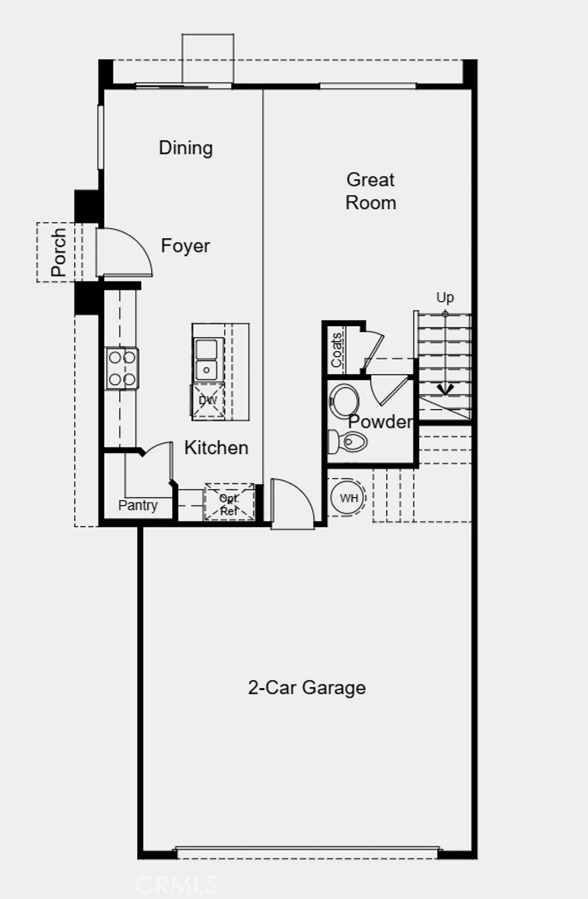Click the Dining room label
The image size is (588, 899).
point(185,148)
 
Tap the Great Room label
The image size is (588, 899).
point(370,191)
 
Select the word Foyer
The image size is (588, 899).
point(185,246)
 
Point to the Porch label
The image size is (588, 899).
point(59,253)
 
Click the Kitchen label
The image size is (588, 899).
point(216,448)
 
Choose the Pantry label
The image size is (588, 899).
point(138,505)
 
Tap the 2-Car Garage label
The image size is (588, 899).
point(307,687)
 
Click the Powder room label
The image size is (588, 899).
point(380,421)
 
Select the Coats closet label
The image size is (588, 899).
point(336,350)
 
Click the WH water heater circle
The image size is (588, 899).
point(349,498)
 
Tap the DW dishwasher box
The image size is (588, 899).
point(207,400)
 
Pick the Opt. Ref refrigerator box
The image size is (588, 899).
point(229,503)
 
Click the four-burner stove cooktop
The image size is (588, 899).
point(122,369)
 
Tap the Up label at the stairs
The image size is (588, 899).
point(445,297)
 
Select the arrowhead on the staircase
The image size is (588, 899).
point(445,389)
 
